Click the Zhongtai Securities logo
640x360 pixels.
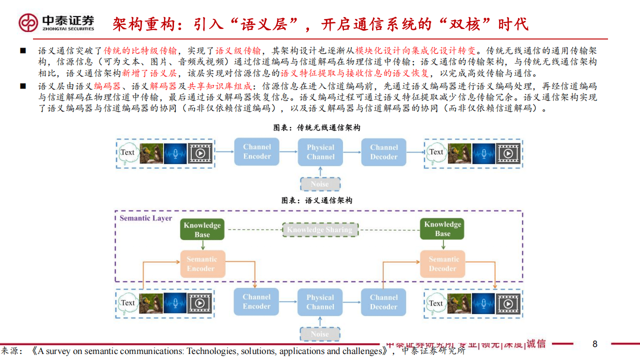[56, 22]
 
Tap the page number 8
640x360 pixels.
[595, 344]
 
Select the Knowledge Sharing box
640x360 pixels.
[319, 229]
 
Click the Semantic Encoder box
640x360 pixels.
[202, 264]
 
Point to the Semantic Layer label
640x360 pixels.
[145, 218]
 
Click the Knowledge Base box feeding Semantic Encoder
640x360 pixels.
[202, 229]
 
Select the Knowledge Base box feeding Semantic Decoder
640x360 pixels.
[442, 229]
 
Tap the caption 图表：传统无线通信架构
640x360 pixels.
[316, 128]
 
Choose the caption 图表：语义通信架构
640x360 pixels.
[316, 200]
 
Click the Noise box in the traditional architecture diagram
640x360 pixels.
[320, 184]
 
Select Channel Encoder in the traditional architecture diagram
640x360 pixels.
[257, 151]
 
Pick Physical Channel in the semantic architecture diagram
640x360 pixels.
[320, 302]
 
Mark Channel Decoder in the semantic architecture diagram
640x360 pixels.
[383, 302]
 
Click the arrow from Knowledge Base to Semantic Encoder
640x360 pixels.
[202, 245]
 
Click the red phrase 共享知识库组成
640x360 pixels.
[219, 85]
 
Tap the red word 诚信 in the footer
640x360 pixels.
[535, 343]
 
